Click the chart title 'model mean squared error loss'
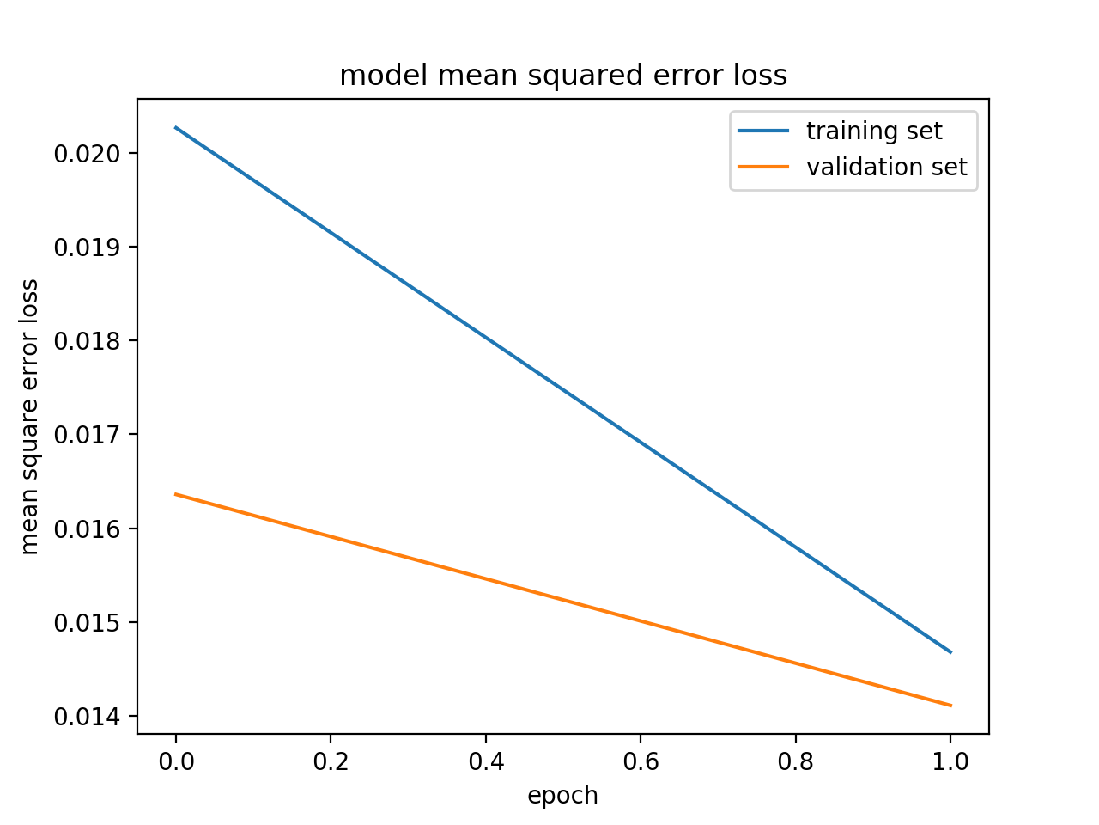click(563, 76)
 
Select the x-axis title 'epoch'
click(562, 796)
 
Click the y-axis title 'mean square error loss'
click(30, 417)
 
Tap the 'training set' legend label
click(873, 131)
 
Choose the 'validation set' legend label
click(886, 167)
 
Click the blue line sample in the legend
click(763, 131)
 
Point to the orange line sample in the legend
click(763, 167)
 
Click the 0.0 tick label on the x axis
click(176, 761)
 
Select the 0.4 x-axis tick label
click(486, 761)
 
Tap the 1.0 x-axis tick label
click(950, 761)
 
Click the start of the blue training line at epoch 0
click(177, 128)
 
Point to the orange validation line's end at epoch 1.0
click(950, 705)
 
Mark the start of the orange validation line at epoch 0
click(177, 494)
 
